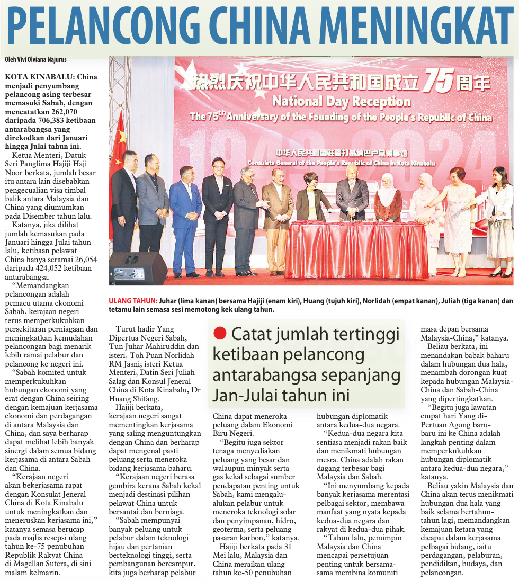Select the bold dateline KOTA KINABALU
[x=37, y=77]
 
